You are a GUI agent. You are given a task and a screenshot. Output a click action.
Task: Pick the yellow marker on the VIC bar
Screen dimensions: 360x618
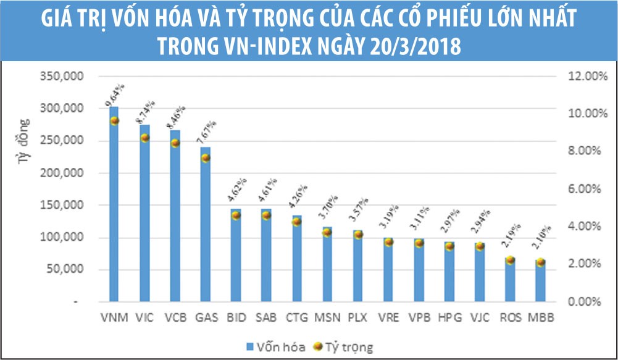pos(144,138)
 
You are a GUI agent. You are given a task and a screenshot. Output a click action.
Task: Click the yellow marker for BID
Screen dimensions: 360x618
pos(235,216)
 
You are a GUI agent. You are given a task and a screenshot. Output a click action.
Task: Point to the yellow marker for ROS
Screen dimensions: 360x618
pos(510,261)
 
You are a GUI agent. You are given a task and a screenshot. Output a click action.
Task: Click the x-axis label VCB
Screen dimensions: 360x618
pos(175,318)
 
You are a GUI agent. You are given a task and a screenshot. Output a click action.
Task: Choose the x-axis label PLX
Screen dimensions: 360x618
pos(357,318)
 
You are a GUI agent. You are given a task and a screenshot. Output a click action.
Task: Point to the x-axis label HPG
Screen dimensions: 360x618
pos(448,318)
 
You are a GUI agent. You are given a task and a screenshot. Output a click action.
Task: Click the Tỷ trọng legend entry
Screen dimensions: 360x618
pos(344,346)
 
